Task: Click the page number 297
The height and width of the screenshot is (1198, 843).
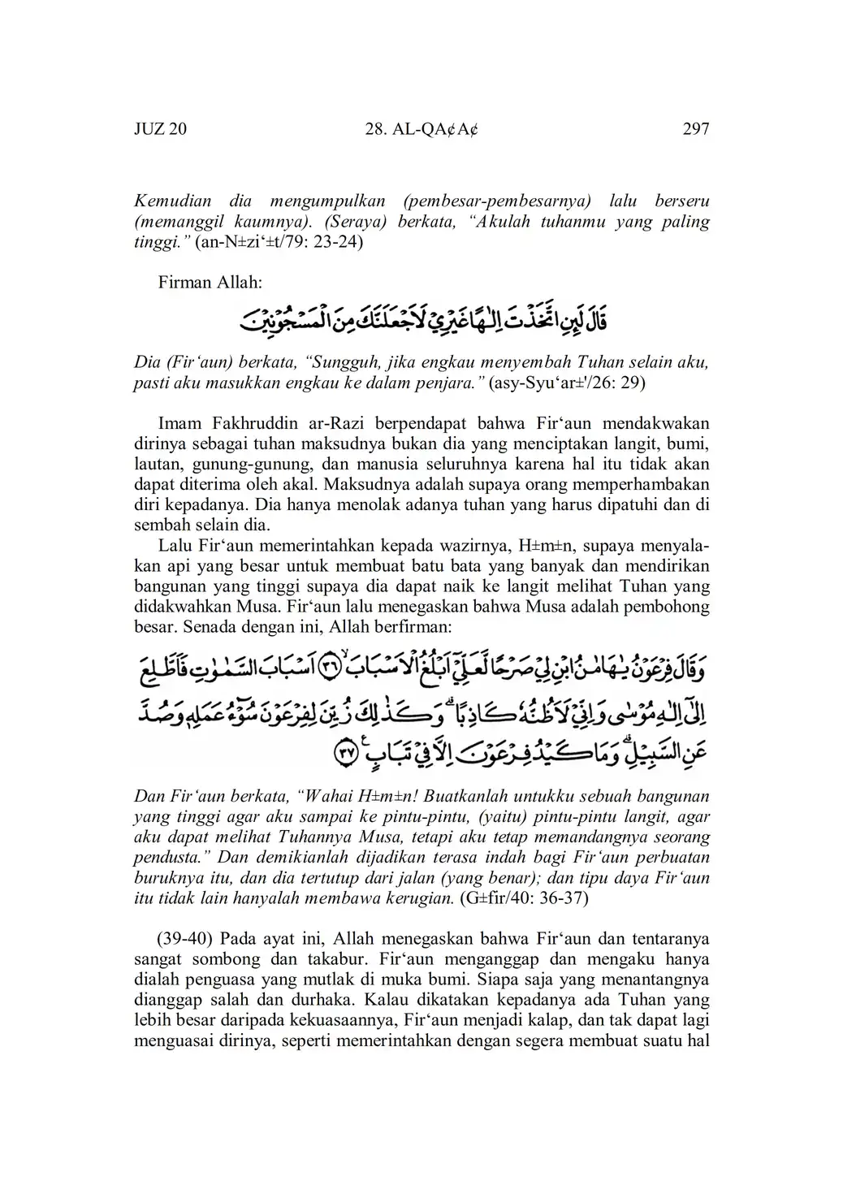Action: [x=696, y=129]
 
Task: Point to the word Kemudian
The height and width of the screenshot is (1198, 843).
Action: [x=171, y=201]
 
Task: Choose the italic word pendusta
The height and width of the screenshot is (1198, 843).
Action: [x=166, y=858]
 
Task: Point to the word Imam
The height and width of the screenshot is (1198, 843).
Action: [x=179, y=423]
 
